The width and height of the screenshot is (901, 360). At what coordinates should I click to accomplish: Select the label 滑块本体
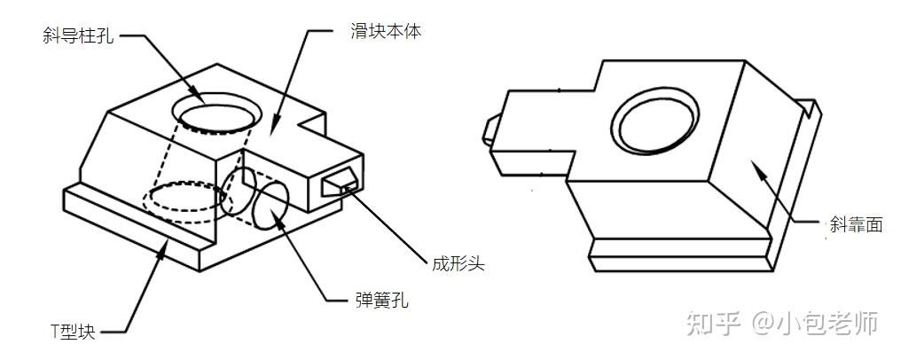(385, 32)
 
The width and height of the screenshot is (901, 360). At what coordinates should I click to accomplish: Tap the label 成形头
(458, 263)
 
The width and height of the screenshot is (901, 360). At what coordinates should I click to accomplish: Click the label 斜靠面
(856, 224)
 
